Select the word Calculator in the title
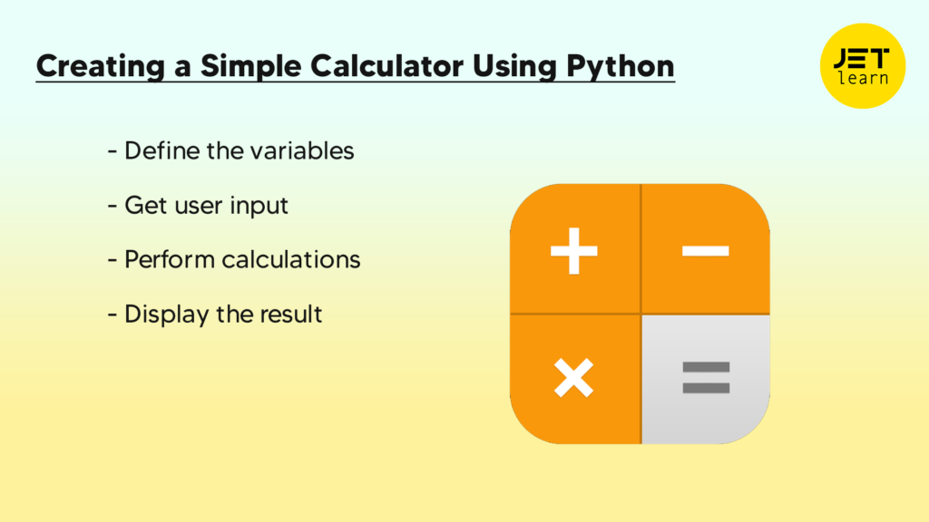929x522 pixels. pyautogui.click(x=386, y=65)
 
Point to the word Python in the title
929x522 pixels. pyautogui.click(x=621, y=66)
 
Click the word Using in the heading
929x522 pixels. pyautogui.click(x=515, y=66)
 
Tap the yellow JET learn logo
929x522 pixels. pyautogui.click(x=863, y=65)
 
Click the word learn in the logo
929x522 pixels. pyautogui.click(x=864, y=78)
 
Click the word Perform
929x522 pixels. pyautogui.click(x=170, y=260)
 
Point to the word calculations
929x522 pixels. pyautogui.click(x=291, y=260)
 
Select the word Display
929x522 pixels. pyautogui.click(x=166, y=314)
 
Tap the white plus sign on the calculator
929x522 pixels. pyautogui.click(x=573, y=251)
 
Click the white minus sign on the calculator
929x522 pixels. pyautogui.click(x=706, y=251)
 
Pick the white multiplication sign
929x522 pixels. pyautogui.click(x=573, y=378)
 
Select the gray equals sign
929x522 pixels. pyautogui.click(x=706, y=378)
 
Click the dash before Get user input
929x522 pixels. pyautogui.click(x=112, y=206)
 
